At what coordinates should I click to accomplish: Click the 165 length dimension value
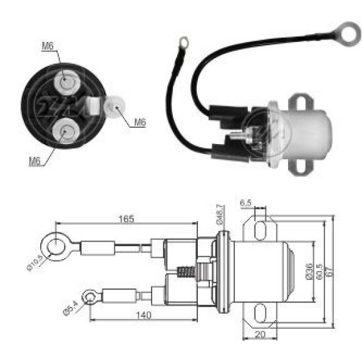click(x=126, y=219)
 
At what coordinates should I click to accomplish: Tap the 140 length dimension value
click(x=143, y=315)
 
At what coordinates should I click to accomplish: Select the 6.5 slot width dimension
click(x=246, y=203)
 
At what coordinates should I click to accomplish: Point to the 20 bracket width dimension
click(x=260, y=334)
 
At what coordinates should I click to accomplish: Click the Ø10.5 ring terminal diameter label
click(x=34, y=262)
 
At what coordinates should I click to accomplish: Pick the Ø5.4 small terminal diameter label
click(x=71, y=308)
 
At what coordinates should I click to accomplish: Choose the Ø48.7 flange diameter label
click(x=220, y=214)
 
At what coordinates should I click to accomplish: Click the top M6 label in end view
click(x=48, y=46)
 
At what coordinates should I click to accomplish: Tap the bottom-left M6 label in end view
click(x=34, y=161)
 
